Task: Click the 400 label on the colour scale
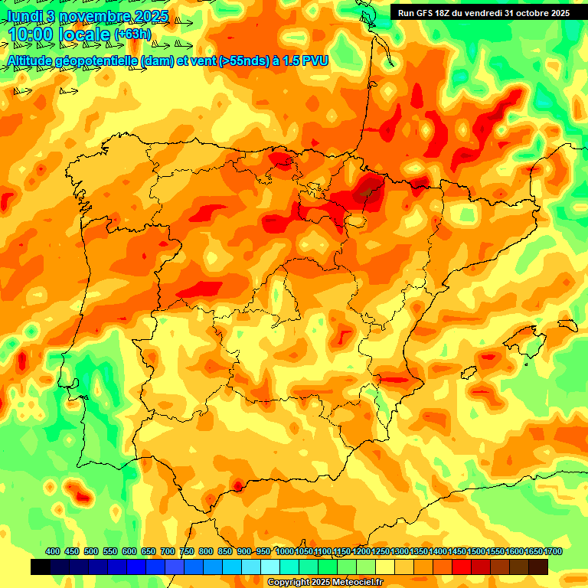click(53, 551)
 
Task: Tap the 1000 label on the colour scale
click(285, 551)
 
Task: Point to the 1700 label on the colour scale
click(553, 551)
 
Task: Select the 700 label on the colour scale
click(168, 551)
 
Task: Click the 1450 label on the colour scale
click(457, 551)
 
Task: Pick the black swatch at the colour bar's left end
click(41, 567)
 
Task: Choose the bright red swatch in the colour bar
click(462, 567)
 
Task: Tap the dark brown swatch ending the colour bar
click(538, 567)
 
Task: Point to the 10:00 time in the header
click(31, 35)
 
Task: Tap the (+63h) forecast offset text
click(132, 34)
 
